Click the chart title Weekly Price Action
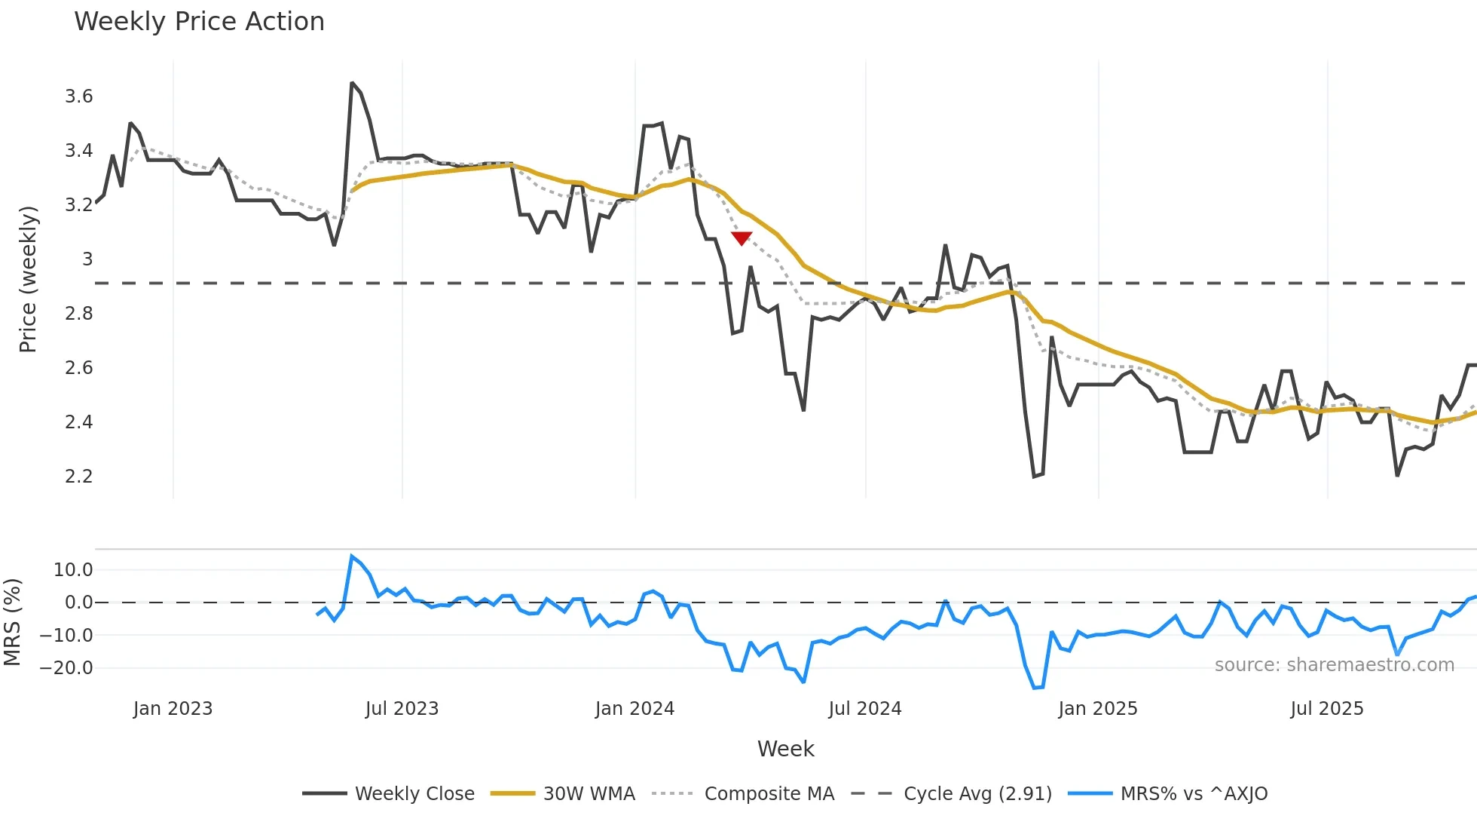(x=199, y=22)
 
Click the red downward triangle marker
(x=742, y=238)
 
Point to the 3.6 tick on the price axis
(x=78, y=97)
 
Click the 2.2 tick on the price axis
(x=78, y=477)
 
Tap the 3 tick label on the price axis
(x=87, y=259)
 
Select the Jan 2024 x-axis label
(x=635, y=709)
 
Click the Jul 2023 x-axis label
(x=402, y=709)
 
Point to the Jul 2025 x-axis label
(x=1326, y=709)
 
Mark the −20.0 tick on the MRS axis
(x=66, y=668)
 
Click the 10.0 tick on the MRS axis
(x=73, y=570)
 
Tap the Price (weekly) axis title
(x=28, y=279)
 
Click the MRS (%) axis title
(x=12, y=622)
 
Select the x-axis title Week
(x=785, y=749)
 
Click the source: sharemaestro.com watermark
(x=1334, y=665)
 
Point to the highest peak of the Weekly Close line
(x=352, y=83)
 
